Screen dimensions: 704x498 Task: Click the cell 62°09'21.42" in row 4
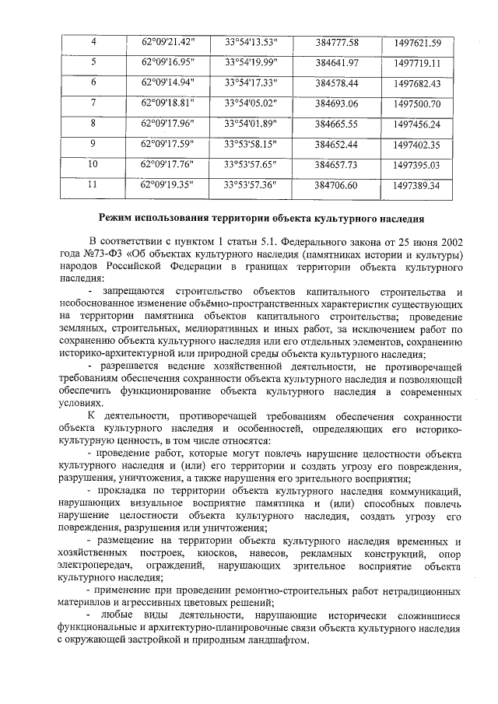pos(167,41)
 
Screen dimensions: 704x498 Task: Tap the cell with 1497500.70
pos(417,103)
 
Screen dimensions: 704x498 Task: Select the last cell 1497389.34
pos(417,185)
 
